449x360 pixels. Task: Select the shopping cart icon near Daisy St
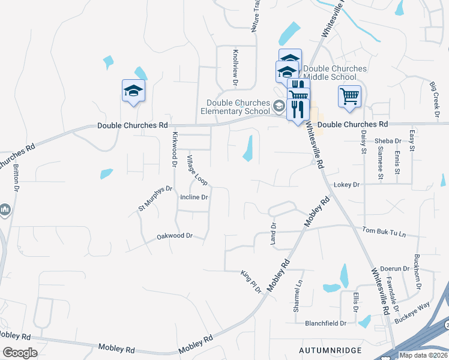point(349,96)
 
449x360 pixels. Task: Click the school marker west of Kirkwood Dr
point(133,91)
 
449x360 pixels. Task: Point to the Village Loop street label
point(196,170)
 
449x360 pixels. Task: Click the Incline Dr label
point(193,197)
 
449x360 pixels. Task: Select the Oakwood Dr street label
point(174,236)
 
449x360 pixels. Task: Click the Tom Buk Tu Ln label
point(384,231)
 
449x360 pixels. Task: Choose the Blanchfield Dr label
point(326,323)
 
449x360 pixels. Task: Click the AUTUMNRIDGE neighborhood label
point(330,349)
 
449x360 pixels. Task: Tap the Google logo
point(20,353)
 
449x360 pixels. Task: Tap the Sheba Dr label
point(387,141)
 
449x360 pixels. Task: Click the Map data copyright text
point(424,355)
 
